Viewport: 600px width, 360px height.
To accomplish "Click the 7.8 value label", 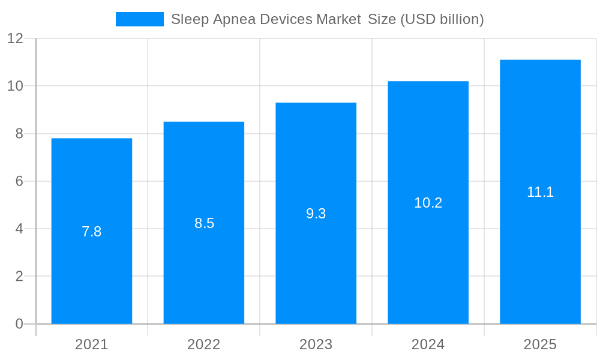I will coord(92,232).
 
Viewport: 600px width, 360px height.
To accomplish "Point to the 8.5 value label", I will coord(204,223).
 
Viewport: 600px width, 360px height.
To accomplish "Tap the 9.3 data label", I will coord(316,214).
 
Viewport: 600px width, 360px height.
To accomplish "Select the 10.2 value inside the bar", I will coord(428,203).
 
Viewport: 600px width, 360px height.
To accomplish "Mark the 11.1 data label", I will coord(540,192).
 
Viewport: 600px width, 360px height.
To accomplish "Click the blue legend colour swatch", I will coord(139,19).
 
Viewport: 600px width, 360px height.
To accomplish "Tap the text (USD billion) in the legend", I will coord(442,19).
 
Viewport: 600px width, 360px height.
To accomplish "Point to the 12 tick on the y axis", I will coord(15,38).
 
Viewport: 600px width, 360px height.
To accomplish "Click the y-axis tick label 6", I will coord(19,181).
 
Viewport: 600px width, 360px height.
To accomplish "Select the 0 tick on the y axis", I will coord(19,324).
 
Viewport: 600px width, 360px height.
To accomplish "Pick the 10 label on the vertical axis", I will coord(15,86).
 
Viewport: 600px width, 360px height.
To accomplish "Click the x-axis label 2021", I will coord(92,344).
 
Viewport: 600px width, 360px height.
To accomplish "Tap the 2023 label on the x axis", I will coord(316,344).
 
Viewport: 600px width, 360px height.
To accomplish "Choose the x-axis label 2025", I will coord(540,344).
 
